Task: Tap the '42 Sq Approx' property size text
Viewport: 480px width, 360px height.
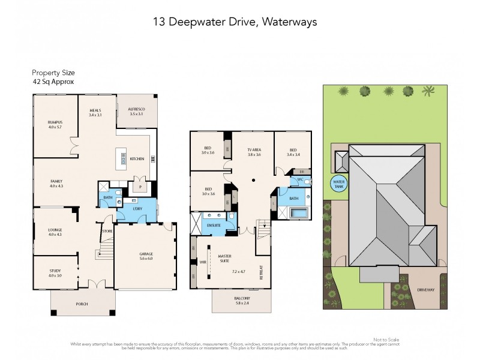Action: click(53, 82)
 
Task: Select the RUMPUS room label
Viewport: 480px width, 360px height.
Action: click(55, 124)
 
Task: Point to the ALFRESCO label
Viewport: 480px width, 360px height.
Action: click(137, 110)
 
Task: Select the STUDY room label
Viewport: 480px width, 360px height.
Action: click(55, 272)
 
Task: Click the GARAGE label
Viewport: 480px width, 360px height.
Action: click(146, 256)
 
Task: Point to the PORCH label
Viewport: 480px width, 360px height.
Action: click(82, 304)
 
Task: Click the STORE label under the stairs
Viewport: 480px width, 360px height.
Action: click(107, 230)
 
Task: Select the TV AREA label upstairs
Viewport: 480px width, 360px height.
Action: click(254, 152)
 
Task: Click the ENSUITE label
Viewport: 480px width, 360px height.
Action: click(214, 225)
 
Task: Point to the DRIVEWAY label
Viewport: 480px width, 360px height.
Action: click(427, 289)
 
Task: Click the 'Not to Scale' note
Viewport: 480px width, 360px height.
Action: click(385, 340)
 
